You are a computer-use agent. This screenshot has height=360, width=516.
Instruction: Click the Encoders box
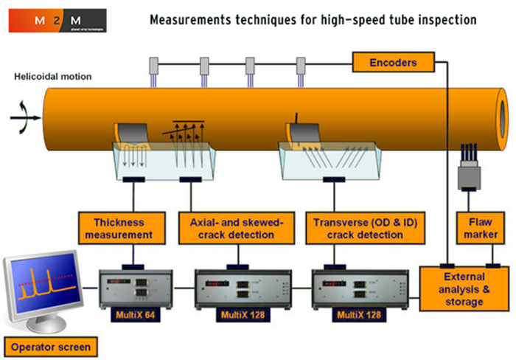point(394,62)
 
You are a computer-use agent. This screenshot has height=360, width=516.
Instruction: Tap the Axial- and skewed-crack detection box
point(236,227)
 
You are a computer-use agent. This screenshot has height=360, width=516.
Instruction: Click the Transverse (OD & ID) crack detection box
point(358,227)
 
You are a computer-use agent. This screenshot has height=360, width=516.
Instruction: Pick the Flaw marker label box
point(478,227)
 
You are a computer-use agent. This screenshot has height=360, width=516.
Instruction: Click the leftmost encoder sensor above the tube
point(154,66)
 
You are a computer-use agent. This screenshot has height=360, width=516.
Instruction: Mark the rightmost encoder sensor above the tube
point(301,66)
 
